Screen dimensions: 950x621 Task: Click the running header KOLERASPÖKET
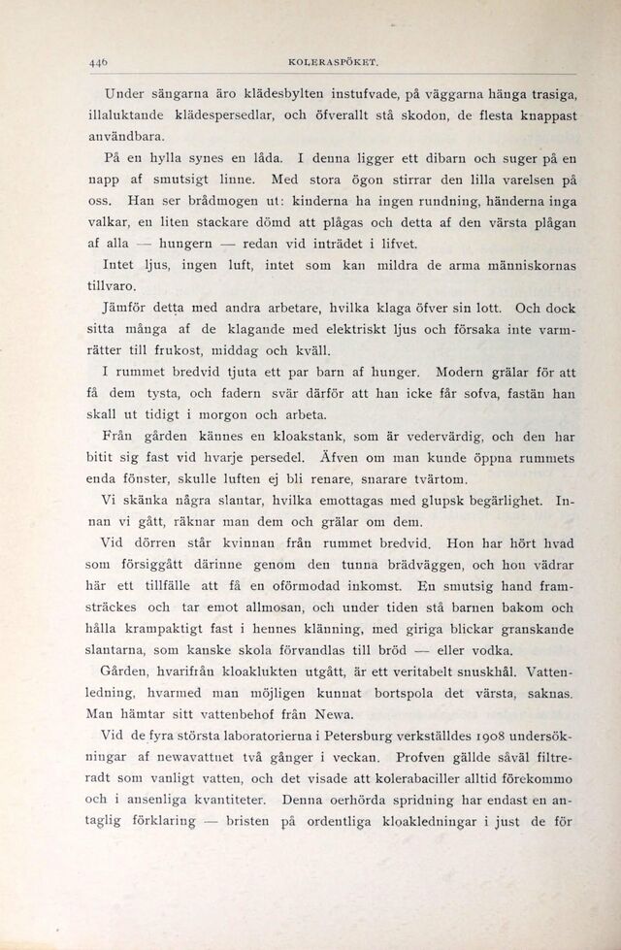point(331,63)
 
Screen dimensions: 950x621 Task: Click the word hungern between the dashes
point(189,243)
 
